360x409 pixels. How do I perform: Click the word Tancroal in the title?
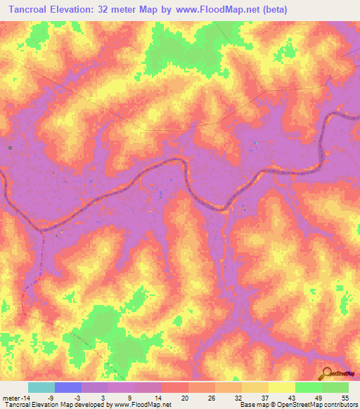[x=28, y=11]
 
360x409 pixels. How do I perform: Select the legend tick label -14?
[x=25, y=398]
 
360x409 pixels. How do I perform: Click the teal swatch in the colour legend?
[x=41, y=387]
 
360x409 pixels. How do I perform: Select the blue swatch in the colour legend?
[x=68, y=387]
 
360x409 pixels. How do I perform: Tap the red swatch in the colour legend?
[x=174, y=387]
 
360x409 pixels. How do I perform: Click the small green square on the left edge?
[x=11, y=148]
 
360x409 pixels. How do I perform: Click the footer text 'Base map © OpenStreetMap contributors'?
[x=299, y=405]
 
